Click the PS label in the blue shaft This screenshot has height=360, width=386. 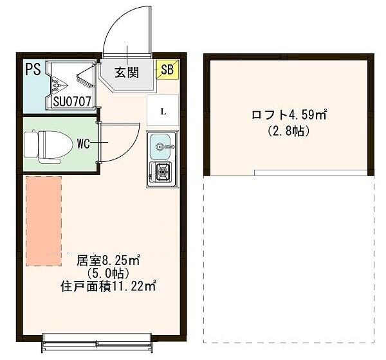pos(33,69)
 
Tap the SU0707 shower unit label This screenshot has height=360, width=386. pos(71,100)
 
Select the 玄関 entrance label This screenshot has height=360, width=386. pos(127,72)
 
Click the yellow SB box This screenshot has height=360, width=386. pos(167,70)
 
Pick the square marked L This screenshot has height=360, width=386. pos(163,111)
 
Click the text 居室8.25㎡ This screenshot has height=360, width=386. pos(109,260)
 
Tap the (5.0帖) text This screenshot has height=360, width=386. pos(109,273)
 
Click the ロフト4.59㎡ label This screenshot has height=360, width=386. pos(289,116)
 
